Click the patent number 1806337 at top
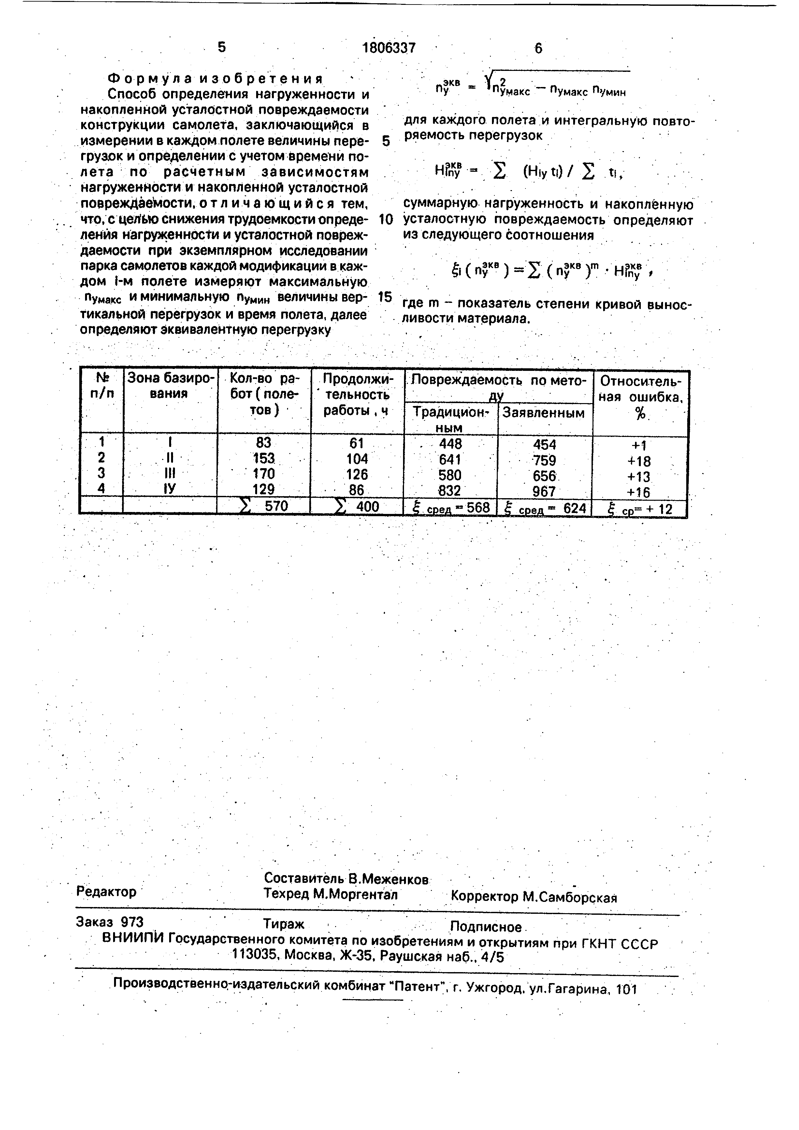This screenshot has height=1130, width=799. [389, 48]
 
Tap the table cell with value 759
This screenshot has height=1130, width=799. [544, 460]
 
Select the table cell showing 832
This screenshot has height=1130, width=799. [450, 491]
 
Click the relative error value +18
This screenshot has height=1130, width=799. [639, 461]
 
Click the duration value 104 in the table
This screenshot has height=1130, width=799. [357, 459]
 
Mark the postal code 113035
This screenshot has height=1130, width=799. [256, 956]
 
